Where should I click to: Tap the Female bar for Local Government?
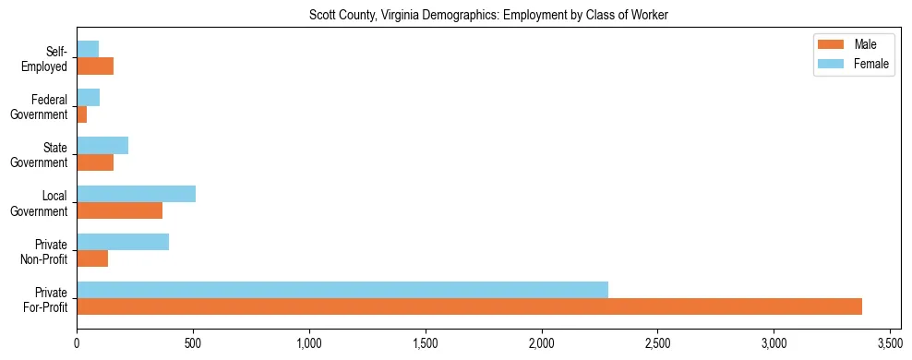(x=136, y=194)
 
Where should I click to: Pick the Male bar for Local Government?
(x=119, y=210)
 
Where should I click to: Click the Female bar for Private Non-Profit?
(x=123, y=242)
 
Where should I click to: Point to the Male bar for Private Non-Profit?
(x=92, y=258)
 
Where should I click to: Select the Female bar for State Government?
(x=102, y=146)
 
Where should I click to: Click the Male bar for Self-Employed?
(x=95, y=66)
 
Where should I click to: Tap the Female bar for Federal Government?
(x=88, y=98)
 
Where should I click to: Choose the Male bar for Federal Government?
(x=81, y=114)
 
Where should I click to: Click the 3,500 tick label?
(x=889, y=342)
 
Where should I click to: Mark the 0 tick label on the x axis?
(x=77, y=342)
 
